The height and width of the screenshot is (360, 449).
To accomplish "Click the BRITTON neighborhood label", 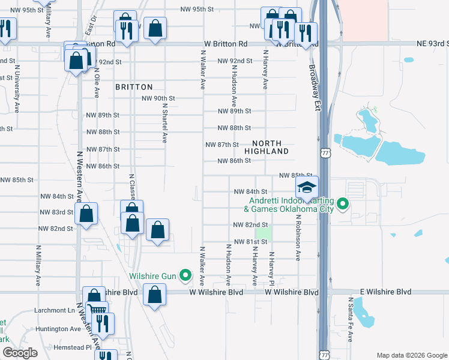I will pos(134,87).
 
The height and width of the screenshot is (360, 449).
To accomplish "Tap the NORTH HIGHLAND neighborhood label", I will pos(271,147).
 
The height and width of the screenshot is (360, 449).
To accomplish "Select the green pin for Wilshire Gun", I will pos(185,277).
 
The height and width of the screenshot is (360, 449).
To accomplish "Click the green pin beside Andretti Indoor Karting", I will pos(343,205).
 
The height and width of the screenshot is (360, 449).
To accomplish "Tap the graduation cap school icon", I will pos(307,188).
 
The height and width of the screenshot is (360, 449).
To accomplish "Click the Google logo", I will pos(20,353).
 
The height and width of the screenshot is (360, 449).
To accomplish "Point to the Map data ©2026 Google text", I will pos(411,355).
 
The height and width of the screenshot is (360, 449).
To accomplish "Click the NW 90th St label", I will pos(158,98).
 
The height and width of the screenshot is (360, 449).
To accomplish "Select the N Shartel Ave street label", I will pos(164,122).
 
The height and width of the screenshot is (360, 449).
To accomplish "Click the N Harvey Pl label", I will pos(271,268).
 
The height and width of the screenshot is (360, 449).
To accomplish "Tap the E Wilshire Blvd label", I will pos(386,292).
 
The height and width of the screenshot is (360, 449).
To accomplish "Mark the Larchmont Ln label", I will pos(55,311).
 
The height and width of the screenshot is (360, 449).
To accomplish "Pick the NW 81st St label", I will pos(250,242).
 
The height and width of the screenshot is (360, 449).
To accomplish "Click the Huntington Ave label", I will pos(58,329).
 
